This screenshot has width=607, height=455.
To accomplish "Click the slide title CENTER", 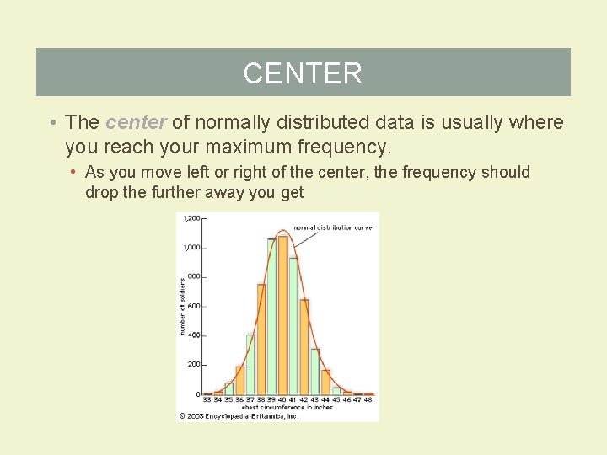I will tap(303, 73).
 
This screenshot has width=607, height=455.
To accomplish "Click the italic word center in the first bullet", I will tap(136, 123).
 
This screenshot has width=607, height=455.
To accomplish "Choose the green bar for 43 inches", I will tap(315, 372).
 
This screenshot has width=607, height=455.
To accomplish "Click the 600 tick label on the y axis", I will tap(193, 307).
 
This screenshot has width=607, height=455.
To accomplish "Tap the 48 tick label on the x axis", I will tap(368, 400).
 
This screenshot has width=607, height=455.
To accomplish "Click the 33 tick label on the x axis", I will tap(207, 400).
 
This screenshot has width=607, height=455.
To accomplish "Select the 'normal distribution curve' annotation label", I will tap(333, 228).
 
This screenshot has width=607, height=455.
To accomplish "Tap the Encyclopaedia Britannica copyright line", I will tap(239, 415).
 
